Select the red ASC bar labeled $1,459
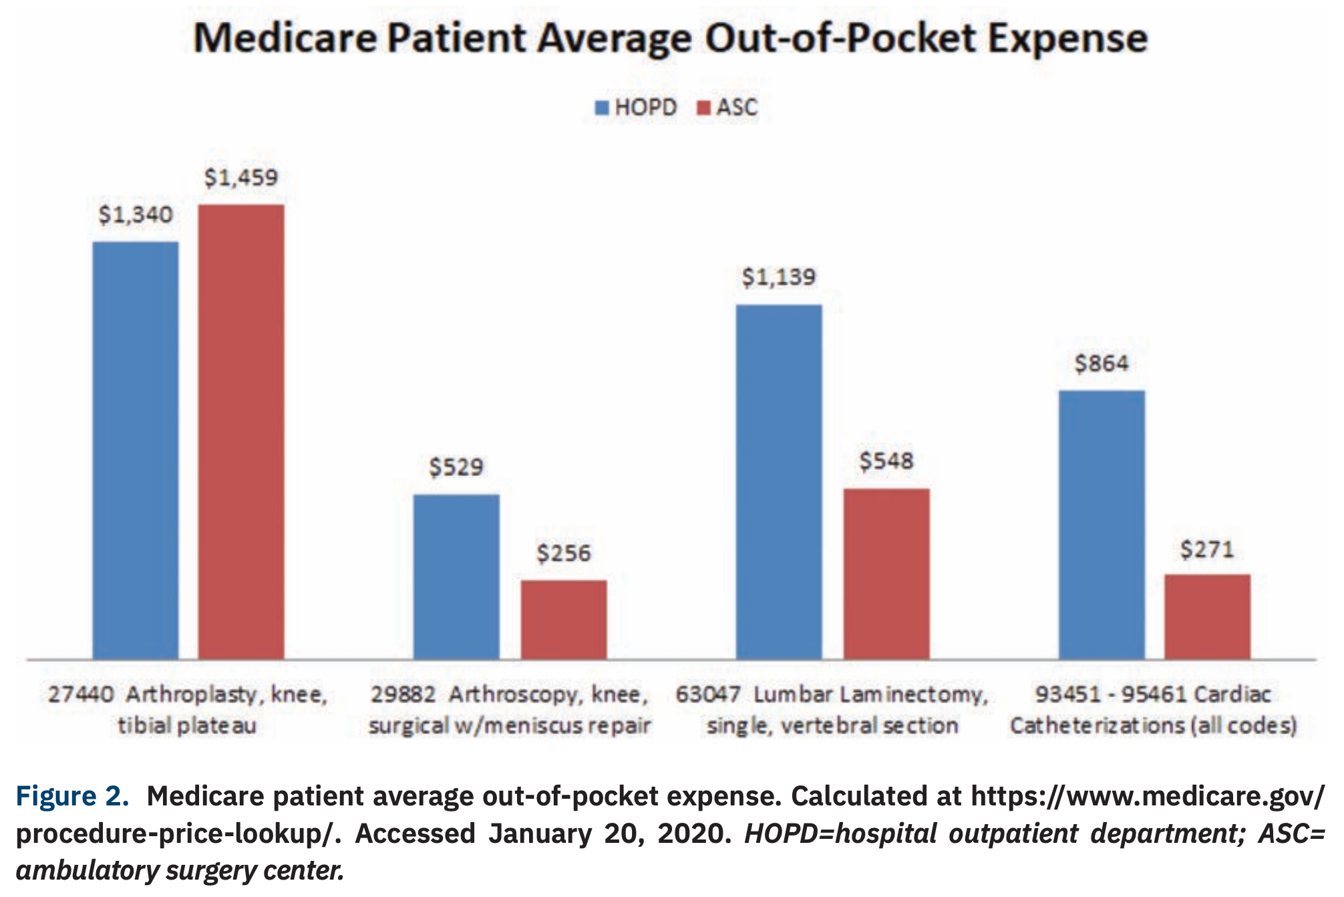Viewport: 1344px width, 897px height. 241,432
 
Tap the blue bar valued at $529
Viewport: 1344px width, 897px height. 456,576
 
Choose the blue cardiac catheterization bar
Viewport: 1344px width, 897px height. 1102,525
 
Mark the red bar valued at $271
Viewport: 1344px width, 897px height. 1207,616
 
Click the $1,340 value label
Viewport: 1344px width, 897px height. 136,215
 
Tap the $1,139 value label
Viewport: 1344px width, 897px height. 779,277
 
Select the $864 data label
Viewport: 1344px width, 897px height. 1102,364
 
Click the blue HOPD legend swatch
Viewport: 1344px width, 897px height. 602,108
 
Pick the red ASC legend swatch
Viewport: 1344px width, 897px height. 703,108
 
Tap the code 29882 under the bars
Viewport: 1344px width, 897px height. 403,694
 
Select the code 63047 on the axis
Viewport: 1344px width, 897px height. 707,694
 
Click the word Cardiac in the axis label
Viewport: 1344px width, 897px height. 1232,694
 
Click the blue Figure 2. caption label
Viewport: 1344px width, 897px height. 72,796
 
